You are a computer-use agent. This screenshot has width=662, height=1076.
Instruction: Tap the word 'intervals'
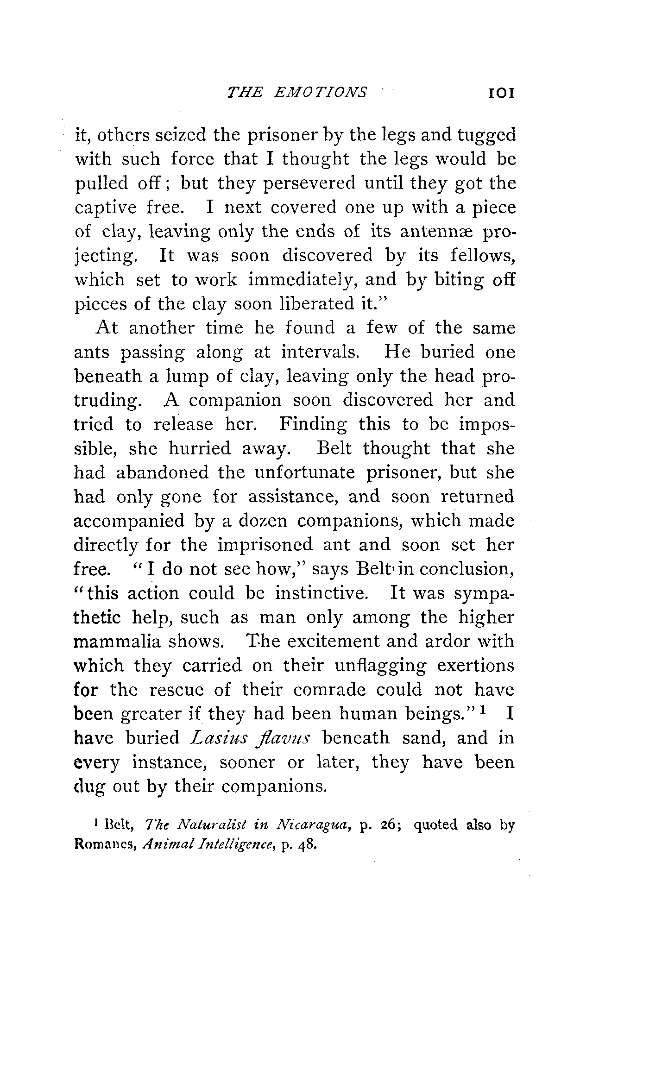tap(321, 352)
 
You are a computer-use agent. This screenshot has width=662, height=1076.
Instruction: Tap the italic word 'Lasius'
tap(213, 738)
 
